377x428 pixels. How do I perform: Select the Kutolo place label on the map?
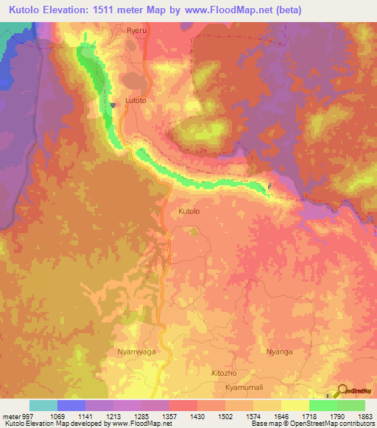click(189, 211)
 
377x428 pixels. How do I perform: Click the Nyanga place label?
click(280, 352)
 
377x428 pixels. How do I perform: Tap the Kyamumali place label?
click(244, 387)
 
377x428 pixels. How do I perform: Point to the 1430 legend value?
click(197, 415)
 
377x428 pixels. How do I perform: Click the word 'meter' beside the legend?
click(10, 415)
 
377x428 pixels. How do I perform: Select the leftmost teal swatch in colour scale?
click(43, 405)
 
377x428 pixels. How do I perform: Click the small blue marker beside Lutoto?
click(113, 105)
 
